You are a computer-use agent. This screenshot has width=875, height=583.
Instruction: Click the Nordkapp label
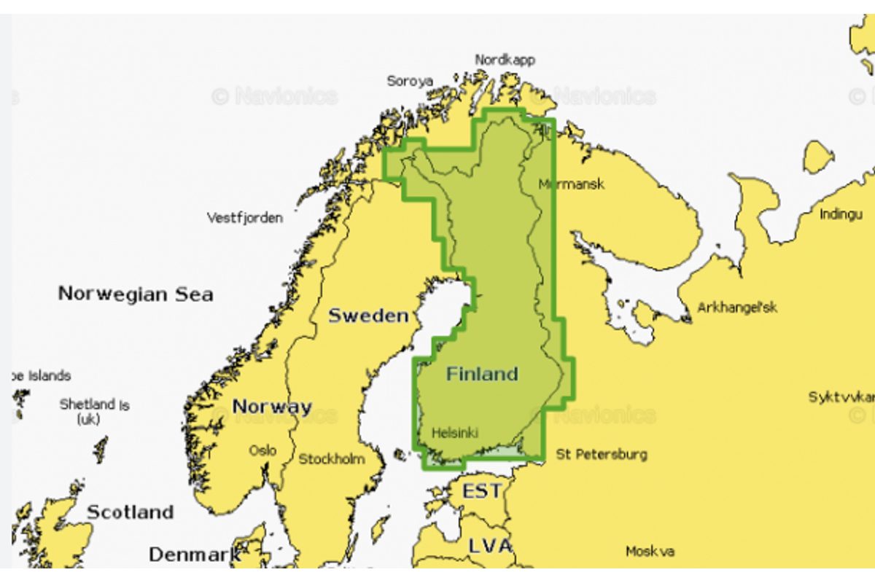click(505, 60)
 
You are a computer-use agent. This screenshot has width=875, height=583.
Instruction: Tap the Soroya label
click(410, 81)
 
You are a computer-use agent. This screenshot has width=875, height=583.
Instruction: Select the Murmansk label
click(572, 184)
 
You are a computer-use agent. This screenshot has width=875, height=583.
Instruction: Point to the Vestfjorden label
click(245, 218)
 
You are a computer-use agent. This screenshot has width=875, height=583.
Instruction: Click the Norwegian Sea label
click(136, 294)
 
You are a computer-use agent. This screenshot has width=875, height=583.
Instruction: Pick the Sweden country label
click(368, 316)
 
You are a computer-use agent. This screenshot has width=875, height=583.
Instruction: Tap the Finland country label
click(482, 374)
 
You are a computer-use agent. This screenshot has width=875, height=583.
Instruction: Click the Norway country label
click(272, 407)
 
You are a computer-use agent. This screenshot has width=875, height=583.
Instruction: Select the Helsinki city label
click(455, 433)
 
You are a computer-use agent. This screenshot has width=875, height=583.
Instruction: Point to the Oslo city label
click(262, 450)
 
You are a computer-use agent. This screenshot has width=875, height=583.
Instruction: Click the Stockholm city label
click(332, 459)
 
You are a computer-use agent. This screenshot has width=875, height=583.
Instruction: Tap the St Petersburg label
click(602, 455)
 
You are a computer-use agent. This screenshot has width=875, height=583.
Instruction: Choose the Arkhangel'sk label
click(737, 308)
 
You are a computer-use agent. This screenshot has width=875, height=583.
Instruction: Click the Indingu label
click(841, 214)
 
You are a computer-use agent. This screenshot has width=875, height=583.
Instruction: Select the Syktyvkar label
click(841, 397)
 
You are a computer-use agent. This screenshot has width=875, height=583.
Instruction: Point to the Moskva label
click(650, 552)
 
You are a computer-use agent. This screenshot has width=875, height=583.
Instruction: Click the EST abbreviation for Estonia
click(482, 491)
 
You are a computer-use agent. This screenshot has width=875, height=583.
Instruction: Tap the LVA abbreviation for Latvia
click(490, 546)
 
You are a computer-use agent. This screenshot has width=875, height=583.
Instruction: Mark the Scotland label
click(131, 512)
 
